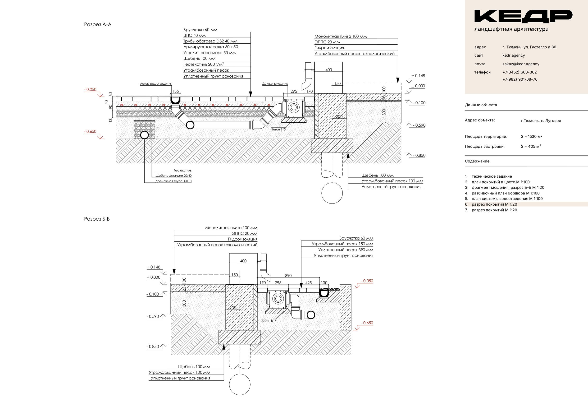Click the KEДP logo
click(523, 16)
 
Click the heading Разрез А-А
click(98, 25)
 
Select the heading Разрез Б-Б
click(97, 219)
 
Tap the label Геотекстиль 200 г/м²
click(204, 64)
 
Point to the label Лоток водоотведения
click(156, 84)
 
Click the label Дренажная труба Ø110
click(173, 181)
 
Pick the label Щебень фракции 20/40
click(173, 176)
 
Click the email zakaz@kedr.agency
click(521, 64)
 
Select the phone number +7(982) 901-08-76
click(520, 79)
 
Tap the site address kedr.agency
click(514, 55)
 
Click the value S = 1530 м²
click(531, 137)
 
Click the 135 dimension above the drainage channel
click(175, 92)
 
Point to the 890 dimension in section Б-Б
click(288, 276)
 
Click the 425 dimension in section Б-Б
click(309, 283)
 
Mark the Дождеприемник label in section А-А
click(275, 84)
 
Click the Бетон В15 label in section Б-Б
click(269, 321)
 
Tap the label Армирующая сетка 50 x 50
click(210, 47)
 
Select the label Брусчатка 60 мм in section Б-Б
click(356, 238)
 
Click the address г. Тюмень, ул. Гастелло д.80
click(529, 47)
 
